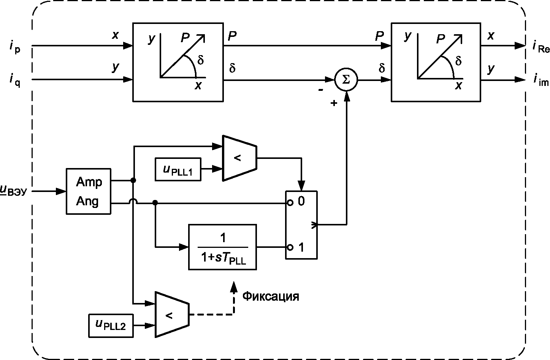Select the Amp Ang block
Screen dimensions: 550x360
89,191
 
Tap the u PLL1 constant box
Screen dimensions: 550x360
178,170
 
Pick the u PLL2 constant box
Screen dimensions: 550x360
111,326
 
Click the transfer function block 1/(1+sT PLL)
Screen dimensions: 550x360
222,247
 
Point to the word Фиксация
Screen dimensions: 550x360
271,297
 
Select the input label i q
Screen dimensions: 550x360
15,81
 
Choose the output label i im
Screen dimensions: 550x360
541,80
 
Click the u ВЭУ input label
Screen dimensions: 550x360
13,191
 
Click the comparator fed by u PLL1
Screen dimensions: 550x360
239,158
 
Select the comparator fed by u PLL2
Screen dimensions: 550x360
172,314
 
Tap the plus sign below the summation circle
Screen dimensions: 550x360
334,103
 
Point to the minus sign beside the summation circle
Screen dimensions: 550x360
321,90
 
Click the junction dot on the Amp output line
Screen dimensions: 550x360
133,181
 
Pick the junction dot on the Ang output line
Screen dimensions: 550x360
155,203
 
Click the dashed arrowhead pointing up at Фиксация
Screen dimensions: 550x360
234,287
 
